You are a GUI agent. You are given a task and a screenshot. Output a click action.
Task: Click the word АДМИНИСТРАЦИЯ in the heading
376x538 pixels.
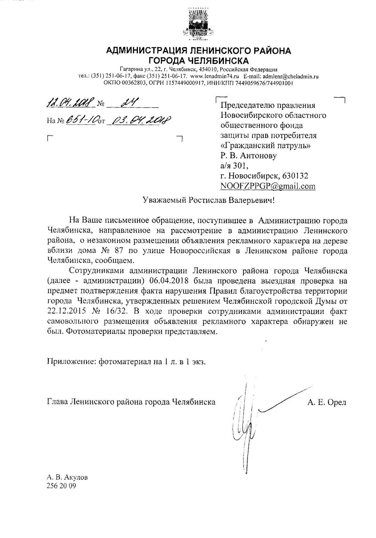[x=146, y=51]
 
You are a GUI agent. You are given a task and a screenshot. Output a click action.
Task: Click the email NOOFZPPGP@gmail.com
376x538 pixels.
[x=268, y=186]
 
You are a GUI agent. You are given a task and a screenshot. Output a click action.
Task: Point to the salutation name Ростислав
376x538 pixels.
[x=210, y=200]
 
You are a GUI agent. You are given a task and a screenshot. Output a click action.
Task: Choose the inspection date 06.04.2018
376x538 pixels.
[x=169, y=281]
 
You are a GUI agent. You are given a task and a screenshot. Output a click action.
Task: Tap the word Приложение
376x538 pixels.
[x=72, y=361]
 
